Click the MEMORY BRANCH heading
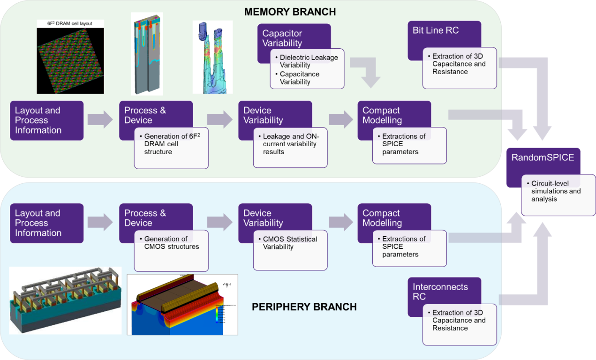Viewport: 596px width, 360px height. [290, 11]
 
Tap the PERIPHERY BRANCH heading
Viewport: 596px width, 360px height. [304, 307]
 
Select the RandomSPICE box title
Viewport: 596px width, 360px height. [543, 157]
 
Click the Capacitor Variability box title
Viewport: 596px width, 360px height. [282, 38]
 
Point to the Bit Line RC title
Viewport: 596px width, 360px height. [436, 30]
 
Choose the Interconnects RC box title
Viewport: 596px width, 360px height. [440, 292]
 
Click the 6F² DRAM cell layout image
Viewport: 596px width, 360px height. [70, 57]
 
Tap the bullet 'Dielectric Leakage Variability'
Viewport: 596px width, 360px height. [309, 61]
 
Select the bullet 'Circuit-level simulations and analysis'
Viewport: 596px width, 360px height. [556, 191]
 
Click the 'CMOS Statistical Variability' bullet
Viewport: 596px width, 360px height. [290, 243]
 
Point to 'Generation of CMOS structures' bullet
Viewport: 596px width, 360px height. [171, 243]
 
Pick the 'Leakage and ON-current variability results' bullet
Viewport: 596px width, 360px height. [290, 144]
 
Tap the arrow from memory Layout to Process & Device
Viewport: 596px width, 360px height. [100, 120]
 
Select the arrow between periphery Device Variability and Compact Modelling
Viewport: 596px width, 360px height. [341, 222]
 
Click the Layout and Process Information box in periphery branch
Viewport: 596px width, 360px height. [46, 223]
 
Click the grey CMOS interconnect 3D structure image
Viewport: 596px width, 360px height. [65, 300]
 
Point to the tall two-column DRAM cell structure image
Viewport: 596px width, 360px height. [147, 53]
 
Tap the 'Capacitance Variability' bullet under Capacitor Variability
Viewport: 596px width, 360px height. [300, 78]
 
